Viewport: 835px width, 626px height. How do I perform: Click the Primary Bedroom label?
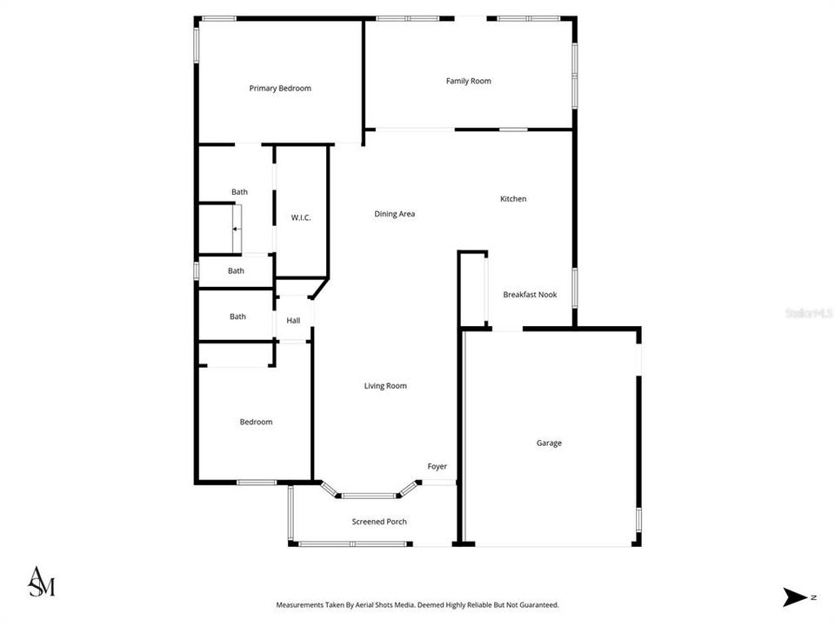pos(280,89)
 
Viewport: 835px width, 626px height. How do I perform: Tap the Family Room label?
pos(469,82)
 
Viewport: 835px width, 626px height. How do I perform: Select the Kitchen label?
pos(513,199)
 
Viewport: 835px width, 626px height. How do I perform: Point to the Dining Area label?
pos(395,214)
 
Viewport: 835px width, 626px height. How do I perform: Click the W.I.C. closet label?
pos(301,217)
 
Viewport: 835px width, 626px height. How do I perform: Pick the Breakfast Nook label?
pos(530,295)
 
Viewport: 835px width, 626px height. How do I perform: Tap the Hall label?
pos(293,321)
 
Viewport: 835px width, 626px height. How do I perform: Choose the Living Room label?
pos(385,386)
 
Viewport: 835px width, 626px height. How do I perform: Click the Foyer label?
pos(437,467)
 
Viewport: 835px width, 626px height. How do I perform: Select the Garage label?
pos(549,443)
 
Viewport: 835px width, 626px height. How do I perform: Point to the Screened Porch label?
pos(379,522)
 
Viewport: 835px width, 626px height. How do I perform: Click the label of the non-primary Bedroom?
pos(256,423)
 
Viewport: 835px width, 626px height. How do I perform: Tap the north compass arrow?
pos(796,597)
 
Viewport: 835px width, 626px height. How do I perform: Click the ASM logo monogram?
pos(41,582)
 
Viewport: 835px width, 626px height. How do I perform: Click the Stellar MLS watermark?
pos(809,312)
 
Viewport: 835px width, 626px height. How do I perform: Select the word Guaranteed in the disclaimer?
pos(537,604)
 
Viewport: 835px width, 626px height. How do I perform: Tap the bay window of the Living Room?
pos(368,495)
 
